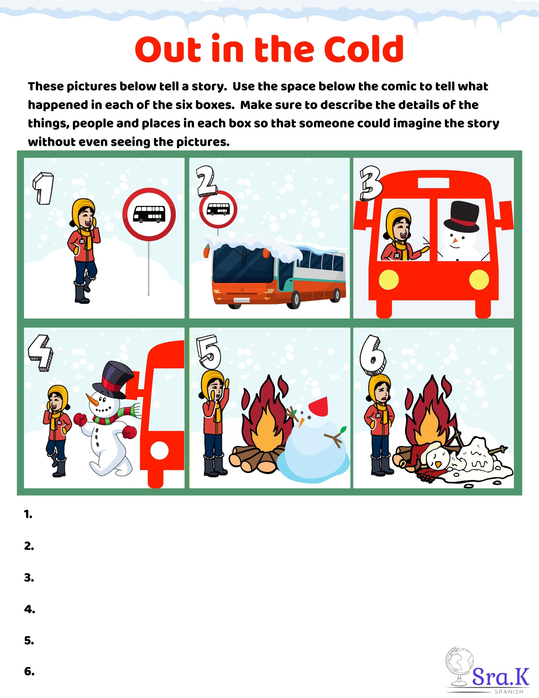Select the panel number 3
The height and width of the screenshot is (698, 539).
370,183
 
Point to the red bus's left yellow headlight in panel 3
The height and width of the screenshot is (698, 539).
389,280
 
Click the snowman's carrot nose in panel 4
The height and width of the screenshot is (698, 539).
92,399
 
